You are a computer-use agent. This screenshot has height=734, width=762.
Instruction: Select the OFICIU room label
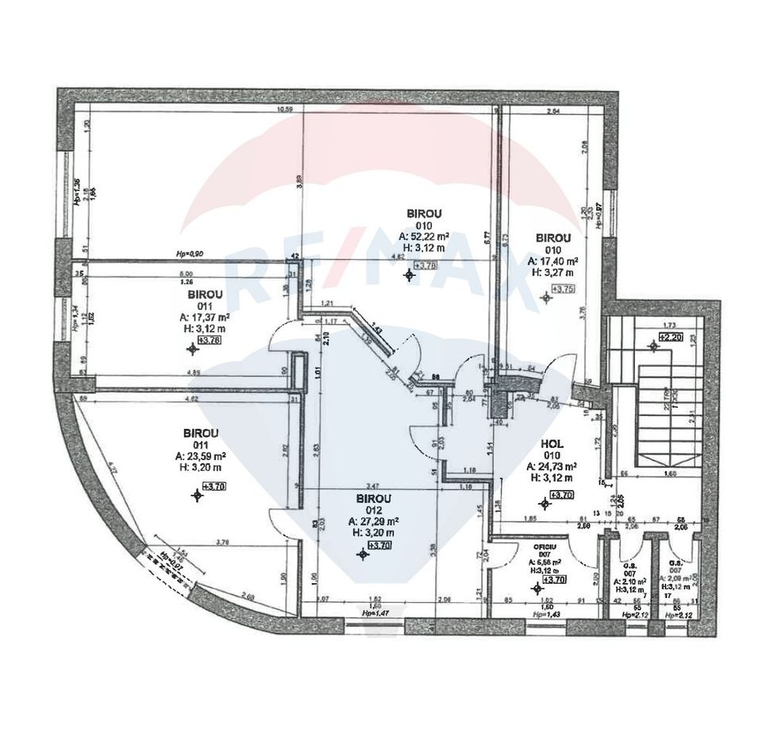(x=545, y=547)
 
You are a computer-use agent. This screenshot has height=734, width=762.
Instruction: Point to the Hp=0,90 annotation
(x=190, y=254)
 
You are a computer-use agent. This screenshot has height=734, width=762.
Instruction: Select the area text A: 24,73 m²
(x=552, y=467)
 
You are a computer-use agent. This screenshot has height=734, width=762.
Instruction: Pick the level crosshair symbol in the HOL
(x=545, y=503)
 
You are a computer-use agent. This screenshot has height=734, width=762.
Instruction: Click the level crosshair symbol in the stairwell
(x=652, y=345)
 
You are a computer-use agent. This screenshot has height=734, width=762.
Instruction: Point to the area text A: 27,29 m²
(x=373, y=522)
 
